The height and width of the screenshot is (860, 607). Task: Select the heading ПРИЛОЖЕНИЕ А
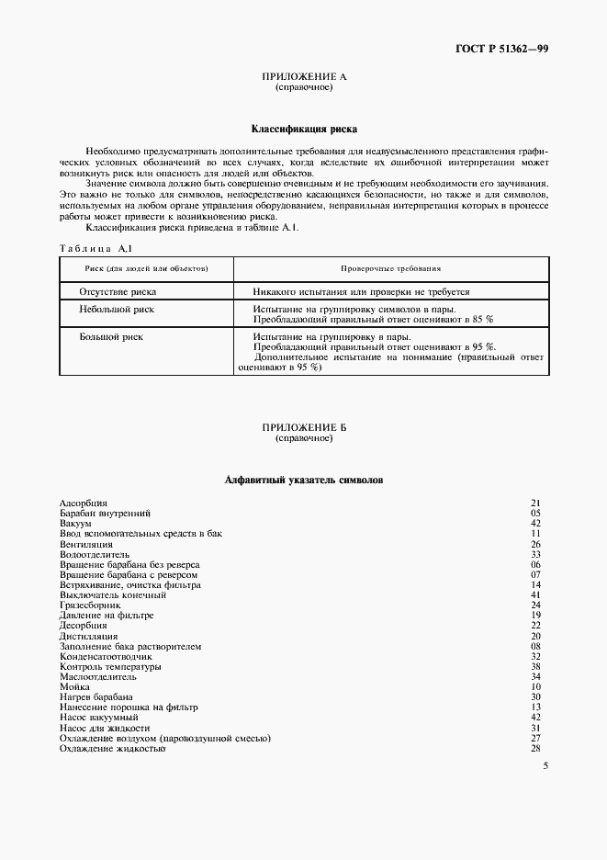pos(304,77)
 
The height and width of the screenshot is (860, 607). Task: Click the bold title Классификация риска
pos(304,130)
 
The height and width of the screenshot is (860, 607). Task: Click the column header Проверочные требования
pos(391,268)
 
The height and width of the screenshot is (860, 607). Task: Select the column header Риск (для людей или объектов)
pos(146,268)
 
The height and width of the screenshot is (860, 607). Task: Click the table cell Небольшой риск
pos(118,310)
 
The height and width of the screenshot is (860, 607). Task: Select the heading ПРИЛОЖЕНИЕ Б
pos(304,428)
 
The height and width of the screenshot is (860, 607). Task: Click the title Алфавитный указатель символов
pos(304,480)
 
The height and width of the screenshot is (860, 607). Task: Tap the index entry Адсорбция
pos(84,503)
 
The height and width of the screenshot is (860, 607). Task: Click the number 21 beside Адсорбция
pos(536,503)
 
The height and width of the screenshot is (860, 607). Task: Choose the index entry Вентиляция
pos(85,544)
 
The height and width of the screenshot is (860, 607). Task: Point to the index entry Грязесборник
pos(90,605)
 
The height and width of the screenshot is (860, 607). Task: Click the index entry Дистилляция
pos(88,636)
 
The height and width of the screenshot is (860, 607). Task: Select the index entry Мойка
pos(74,686)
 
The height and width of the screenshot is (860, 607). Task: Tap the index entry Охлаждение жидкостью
pos(112,748)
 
